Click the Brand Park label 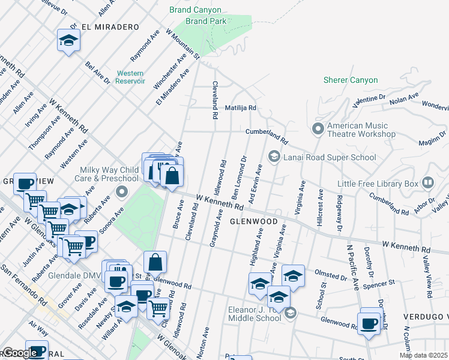coord(206,21)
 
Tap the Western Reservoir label coord(130,77)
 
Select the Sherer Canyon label coord(351,80)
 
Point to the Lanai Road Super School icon coord(274,157)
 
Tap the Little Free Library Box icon coord(428,182)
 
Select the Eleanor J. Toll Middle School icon coord(291,313)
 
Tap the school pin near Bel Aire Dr coord(68,40)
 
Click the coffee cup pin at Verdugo coord(369,324)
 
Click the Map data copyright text coord(423,355)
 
